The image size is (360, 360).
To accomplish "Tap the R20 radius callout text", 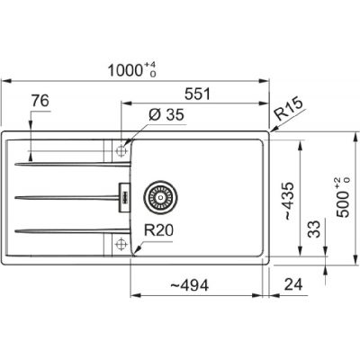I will coord(158,229).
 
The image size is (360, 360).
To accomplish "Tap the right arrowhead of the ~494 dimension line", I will coord(266,295).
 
